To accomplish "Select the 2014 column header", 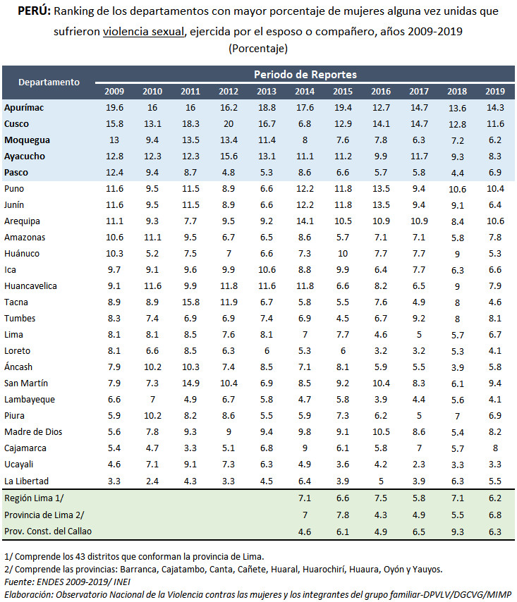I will point(305,91).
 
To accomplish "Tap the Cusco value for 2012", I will point(229,123).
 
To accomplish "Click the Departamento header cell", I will point(49,82).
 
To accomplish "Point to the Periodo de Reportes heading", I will point(305,74).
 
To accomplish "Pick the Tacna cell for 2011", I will point(190,302).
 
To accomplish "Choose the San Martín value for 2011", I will point(190,383).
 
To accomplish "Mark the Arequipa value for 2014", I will point(305,221).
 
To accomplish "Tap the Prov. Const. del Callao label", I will point(47,530).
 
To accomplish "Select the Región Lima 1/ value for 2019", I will point(495,498).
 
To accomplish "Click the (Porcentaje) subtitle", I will point(258,48).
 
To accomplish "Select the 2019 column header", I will point(495,91).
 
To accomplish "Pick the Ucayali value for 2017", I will point(419,464).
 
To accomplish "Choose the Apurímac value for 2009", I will point(114,107).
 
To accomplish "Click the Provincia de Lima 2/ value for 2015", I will point(343,514).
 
